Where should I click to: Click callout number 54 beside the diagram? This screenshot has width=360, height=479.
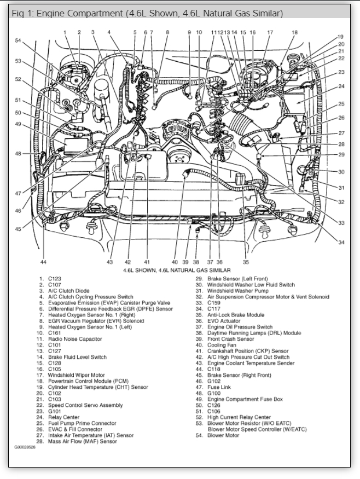(18, 41)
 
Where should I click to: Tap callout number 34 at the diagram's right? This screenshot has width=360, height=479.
(341, 242)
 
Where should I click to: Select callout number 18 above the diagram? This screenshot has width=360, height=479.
(294, 32)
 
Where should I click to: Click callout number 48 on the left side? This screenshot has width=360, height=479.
(18, 154)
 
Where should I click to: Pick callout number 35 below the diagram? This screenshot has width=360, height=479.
(246, 262)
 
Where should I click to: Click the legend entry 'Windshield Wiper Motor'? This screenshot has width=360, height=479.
(77, 375)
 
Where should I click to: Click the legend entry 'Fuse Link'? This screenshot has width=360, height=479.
(219, 387)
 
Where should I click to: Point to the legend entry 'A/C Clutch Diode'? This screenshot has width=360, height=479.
(68, 291)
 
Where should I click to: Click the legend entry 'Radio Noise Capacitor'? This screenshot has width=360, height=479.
(74, 339)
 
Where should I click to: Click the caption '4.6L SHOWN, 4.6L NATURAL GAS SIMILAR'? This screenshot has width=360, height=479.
(177, 270)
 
